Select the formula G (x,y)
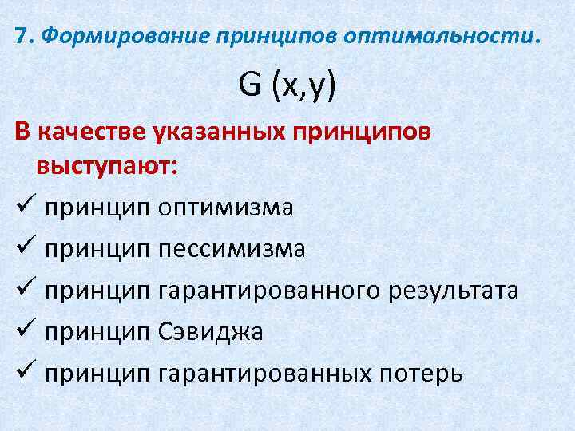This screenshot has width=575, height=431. [x=287, y=84]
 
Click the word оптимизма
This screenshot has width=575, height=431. [x=225, y=208]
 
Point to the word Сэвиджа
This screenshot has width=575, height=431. [x=211, y=331]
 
